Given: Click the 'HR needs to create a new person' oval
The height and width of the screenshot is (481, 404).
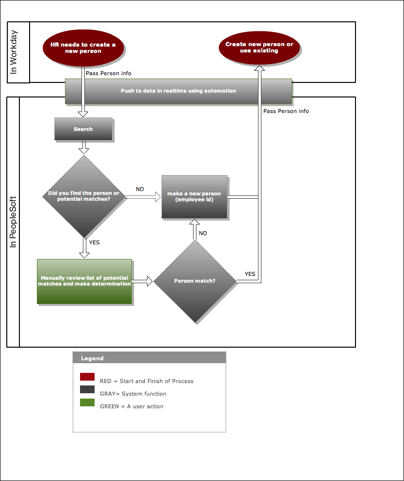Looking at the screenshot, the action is coord(83,48).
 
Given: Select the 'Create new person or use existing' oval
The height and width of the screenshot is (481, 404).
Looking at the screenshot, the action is coord(259,48).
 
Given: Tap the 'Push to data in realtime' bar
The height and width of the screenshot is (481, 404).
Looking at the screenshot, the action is coord(178,91).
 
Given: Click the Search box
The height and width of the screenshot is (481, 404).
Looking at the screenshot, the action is coord(83,129).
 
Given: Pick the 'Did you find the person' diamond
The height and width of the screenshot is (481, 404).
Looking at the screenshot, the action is coord(84,196).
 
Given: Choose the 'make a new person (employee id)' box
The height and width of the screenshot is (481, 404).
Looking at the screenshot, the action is coord(194,197).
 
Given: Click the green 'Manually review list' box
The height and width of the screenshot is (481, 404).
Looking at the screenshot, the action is coord(84,281).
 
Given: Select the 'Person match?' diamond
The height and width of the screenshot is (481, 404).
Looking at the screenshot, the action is coord(195,281).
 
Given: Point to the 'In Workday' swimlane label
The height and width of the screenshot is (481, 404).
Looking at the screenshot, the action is coord(14,52).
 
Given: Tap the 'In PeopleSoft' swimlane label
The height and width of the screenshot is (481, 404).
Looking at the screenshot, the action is coord(13,222).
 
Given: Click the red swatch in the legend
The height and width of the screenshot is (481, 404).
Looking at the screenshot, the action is coord(87,377).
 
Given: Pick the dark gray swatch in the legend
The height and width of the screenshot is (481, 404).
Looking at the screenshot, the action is coord(87,389).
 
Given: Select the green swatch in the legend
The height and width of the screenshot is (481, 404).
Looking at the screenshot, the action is coord(87,402).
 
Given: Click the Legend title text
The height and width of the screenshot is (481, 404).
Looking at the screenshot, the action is coord(92,358).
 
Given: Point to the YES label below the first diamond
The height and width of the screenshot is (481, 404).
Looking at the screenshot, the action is coord(94,242).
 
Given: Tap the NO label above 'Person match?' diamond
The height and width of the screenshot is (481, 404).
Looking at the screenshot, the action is coord(203,233).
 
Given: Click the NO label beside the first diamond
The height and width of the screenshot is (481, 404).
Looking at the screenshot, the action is coord(140,189).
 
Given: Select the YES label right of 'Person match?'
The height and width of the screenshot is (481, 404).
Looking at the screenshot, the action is coord(250,274).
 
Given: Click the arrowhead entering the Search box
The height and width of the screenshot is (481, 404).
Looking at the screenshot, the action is coord(83,114).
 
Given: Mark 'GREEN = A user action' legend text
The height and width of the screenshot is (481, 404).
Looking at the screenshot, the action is coord(131,406).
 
